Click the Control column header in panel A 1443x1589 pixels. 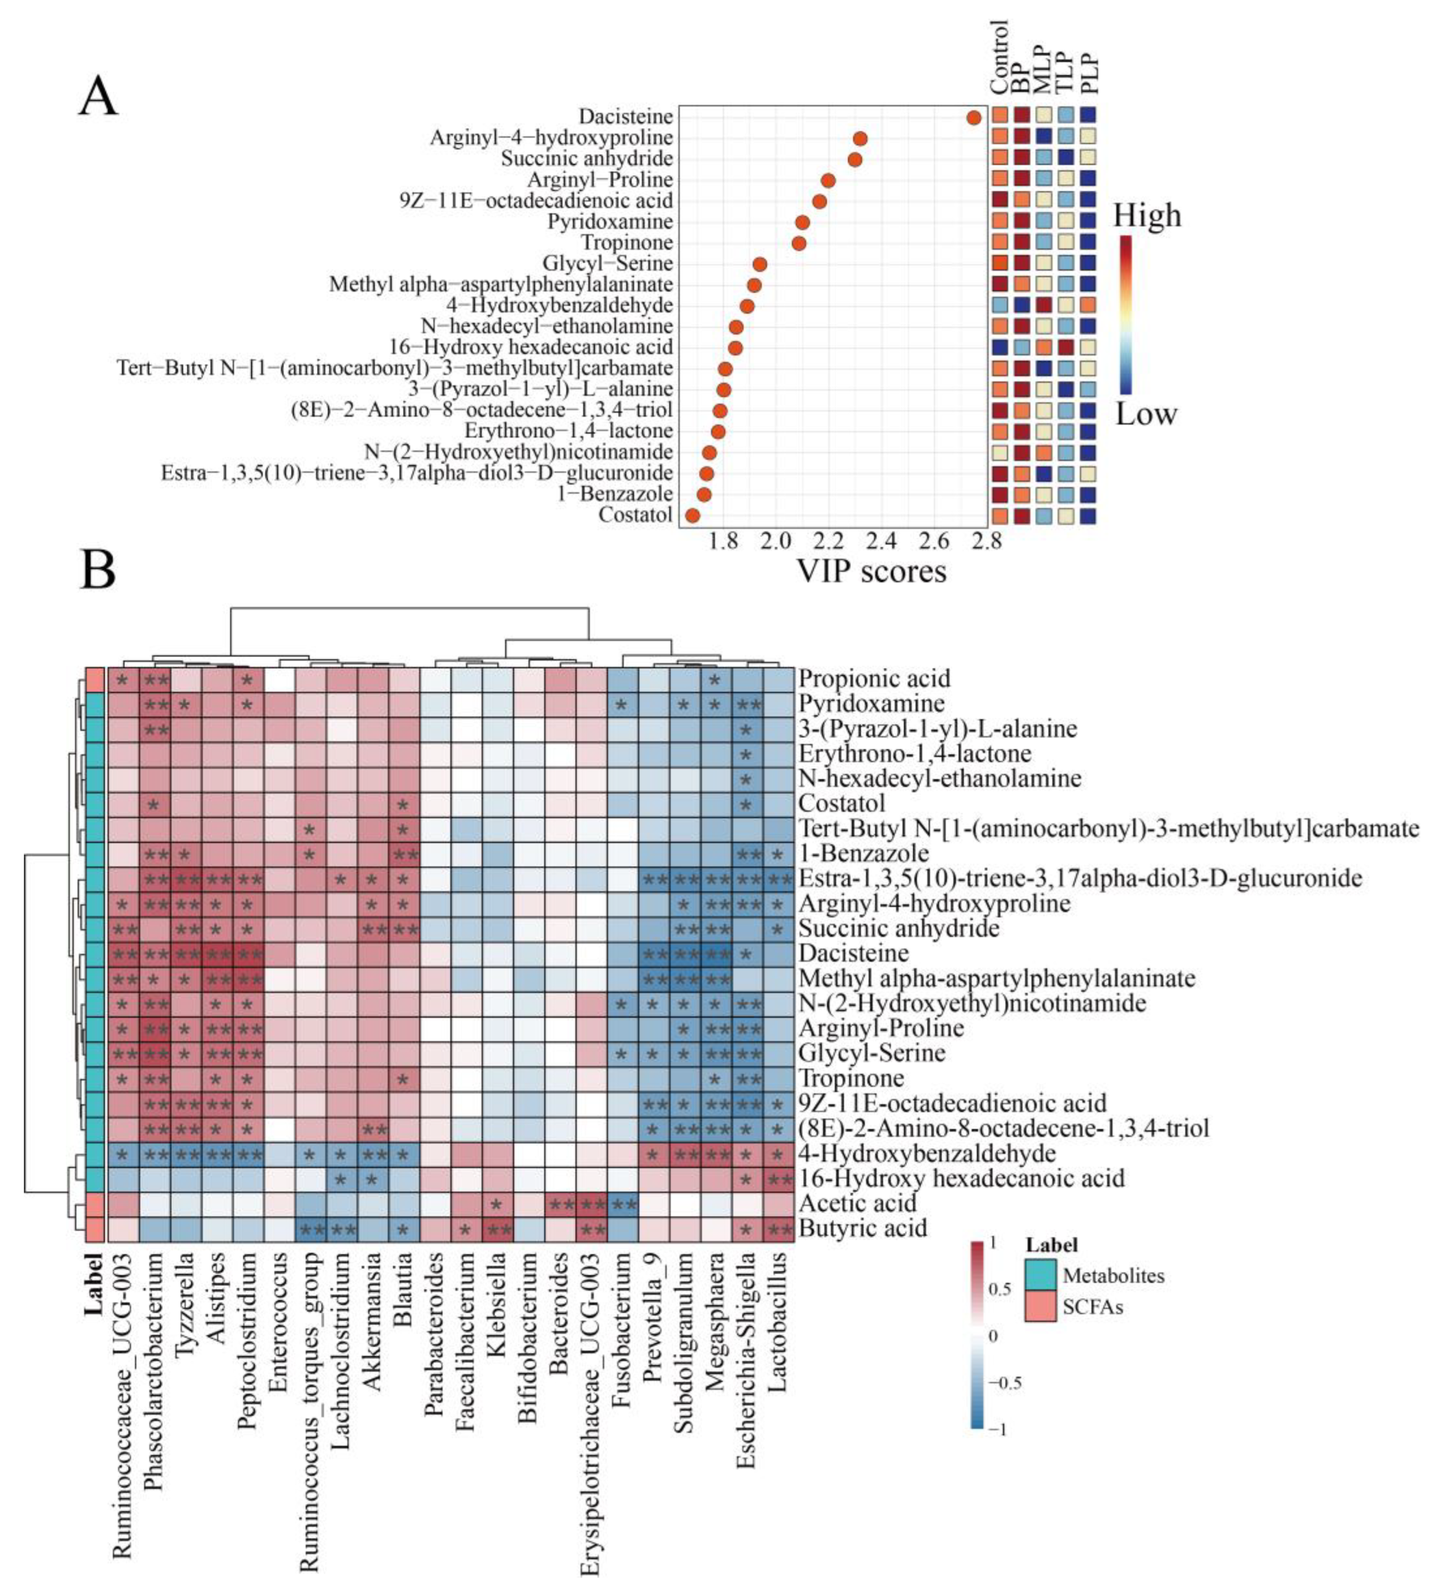click(999, 57)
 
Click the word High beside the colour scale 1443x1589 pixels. click(1147, 215)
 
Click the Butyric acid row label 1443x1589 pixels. click(862, 1228)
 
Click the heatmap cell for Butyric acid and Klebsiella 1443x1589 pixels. click(497, 1228)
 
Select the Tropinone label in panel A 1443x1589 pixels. click(627, 243)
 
